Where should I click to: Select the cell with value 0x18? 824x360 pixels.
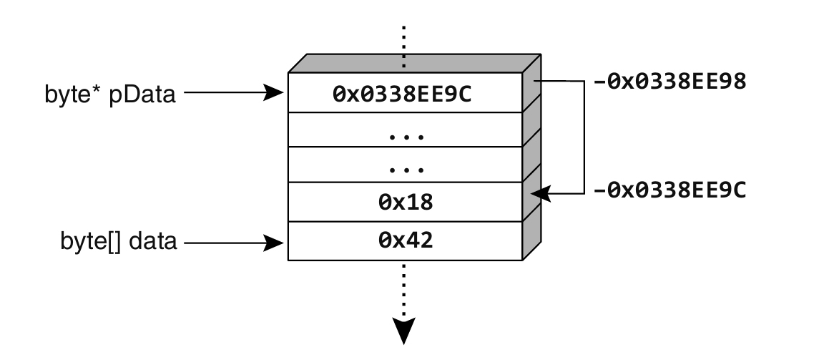coord(405,202)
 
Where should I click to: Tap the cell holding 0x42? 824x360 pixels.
coord(405,240)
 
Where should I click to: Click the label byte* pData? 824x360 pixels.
coord(109,93)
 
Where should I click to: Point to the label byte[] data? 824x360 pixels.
coord(119,242)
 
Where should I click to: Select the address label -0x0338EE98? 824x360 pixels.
coord(669,81)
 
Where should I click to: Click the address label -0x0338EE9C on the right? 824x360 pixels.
coord(669,191)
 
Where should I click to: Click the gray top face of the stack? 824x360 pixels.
coord(415,62)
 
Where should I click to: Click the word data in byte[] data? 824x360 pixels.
coord(157,242)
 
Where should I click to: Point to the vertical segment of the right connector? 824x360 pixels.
coord(584,136)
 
